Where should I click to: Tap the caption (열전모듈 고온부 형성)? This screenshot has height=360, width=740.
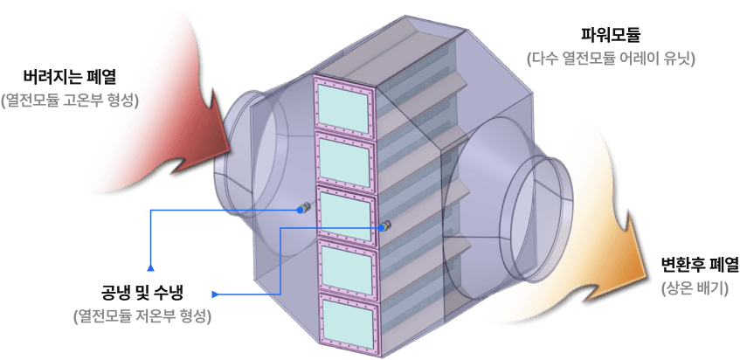pos(70,100)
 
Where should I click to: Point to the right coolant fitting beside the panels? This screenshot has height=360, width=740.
pos(384,225)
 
